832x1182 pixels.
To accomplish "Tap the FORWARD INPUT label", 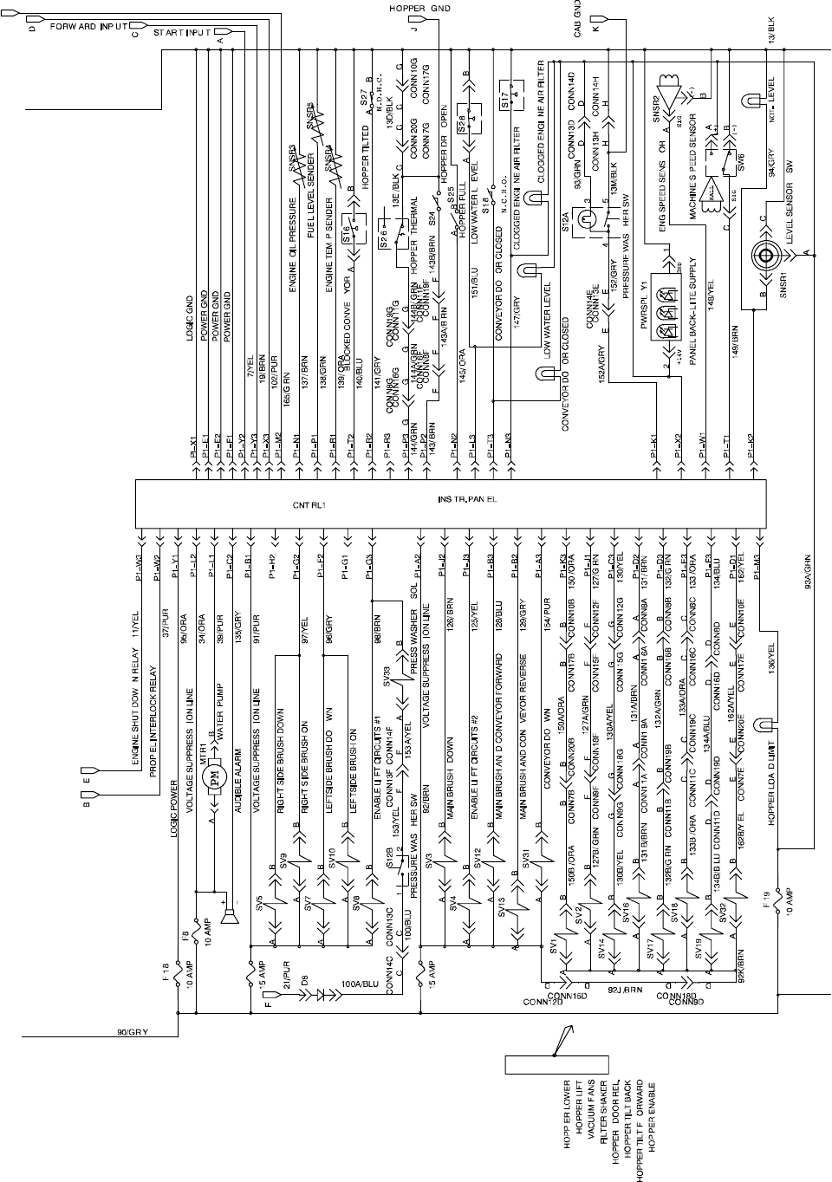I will pyautogui.click(x=88, y=27).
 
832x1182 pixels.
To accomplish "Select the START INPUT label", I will pyautogui.click(x=182, y=33).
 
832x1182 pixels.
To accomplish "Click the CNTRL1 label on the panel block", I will pyautogui.click(x=308, y=501).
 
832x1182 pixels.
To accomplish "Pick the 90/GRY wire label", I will pyautogui.click(x=132, y=1032).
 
